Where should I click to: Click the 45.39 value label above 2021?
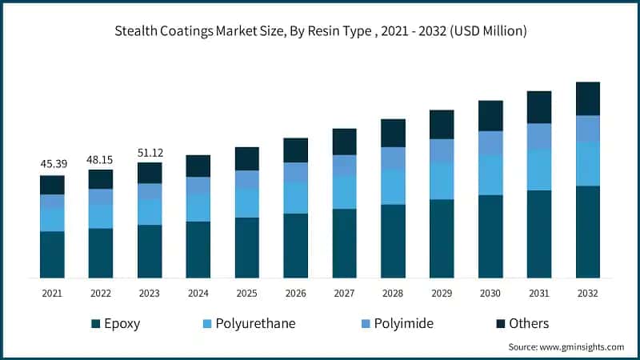52,164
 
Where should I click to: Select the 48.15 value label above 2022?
101,159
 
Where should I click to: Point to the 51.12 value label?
150,153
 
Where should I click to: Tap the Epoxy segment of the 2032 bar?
588,232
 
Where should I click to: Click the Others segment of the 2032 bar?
588,98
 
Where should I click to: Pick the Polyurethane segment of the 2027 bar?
345,192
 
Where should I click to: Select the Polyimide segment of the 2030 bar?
490,143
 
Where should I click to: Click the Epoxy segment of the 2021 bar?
52,254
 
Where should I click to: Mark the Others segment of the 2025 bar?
247,158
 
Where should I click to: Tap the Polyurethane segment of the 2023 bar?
150,212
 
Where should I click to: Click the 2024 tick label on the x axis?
198,294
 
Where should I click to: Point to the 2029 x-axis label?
442,294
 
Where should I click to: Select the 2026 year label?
296,294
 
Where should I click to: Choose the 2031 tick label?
539,294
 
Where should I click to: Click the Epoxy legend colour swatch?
96,324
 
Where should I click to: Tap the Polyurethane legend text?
254,324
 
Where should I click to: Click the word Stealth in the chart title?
136,32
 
